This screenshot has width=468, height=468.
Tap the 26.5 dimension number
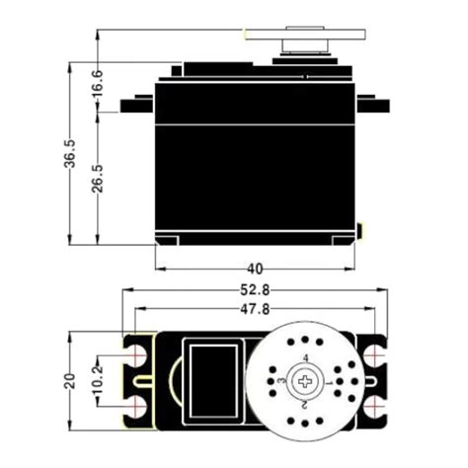click(x=97, y=180)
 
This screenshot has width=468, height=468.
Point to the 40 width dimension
click(x=255, y=268)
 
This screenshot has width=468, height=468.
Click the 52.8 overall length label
click(x=255, y=290)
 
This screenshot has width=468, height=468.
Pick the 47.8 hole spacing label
click(x=255, y=310)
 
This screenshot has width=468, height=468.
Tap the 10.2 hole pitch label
click(x=97, y=380)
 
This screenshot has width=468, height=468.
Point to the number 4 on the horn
click(x=305, y=357)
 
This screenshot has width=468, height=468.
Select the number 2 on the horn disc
click(x=305, y=404)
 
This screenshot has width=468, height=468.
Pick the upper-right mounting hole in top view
click(x=373, y=354)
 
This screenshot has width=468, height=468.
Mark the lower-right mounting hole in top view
click(x=373, y=406)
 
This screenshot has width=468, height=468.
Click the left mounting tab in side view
click(x=137, y=105)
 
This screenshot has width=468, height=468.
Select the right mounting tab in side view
click(x=372, y=105)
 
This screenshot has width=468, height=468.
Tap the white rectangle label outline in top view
click(x=213, y=380)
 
